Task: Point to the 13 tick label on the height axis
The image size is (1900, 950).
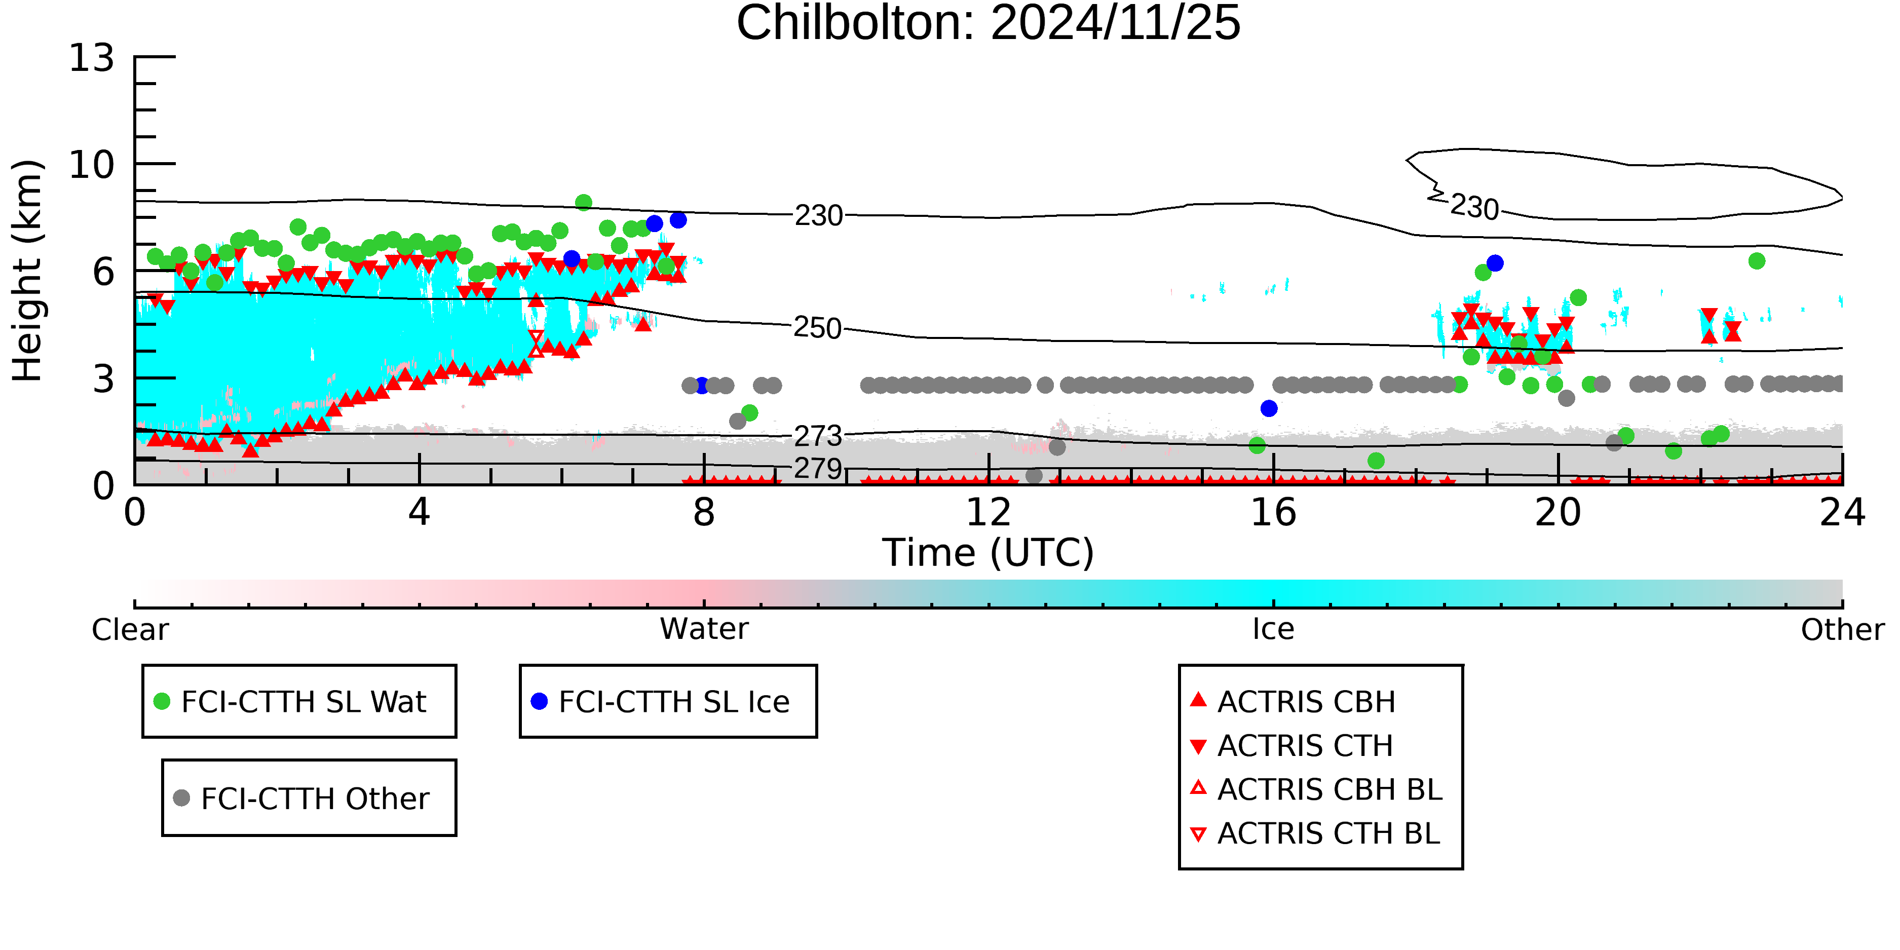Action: [92, 58]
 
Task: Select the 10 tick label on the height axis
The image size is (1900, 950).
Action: [92, 165]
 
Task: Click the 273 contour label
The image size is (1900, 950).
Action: [818, 436]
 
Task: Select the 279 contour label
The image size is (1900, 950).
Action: [818, 468]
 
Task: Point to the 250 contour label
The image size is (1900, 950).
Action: [817, 327]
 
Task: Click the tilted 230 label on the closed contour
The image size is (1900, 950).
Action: [1474, 207]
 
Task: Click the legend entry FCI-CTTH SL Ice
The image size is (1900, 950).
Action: [660, 701]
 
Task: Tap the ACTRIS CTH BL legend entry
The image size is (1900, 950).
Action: [1315, 833]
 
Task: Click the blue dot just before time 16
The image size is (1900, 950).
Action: [1269, 408]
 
